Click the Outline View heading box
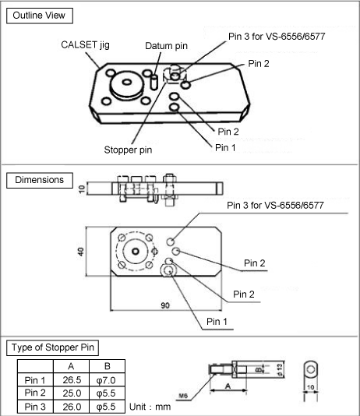click(x=40, y=16)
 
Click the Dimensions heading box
click(x=40, y=180)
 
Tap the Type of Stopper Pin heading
click(x=52, y=347)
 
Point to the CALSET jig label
click(x=85, y=45)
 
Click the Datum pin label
click(x=166, y=46)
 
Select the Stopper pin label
click(x=128, y=150)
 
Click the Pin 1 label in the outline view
click(x=225, y=147)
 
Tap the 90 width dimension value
click(x=165, y=305)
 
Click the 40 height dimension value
click(x=81, y=252)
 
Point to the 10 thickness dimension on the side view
click(x=82, y=189)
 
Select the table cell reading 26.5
click(x=72, y=380)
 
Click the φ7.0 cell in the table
click(x=106, y=380)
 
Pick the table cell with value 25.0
click(x=72, y=393)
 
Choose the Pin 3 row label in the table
click(x=35, y=407)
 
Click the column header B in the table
click(x=108, y=366)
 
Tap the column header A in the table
click(x=71, y=366)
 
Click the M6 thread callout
click(x=183, y=396)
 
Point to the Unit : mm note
click(x=150, y=407)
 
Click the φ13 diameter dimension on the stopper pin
click(x=280, y=369)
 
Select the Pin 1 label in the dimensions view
click(x=217, y=322)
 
